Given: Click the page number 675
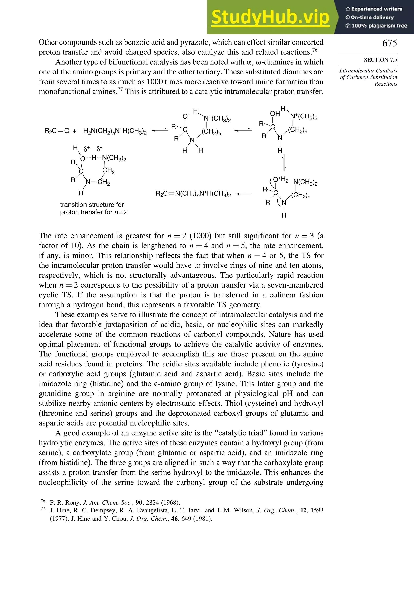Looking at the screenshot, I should pos(390,43).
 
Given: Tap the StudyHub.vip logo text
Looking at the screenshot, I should pos(270,17).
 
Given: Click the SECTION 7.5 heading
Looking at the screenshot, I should pos(380,60).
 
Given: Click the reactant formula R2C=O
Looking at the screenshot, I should pos(57,131).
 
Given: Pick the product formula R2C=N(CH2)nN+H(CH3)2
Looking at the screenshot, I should pos(193,194).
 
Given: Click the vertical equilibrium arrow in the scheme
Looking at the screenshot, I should pos(284,162).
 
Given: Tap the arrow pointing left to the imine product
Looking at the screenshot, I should pos(243,194).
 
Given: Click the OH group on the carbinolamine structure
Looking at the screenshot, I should pos(275,114).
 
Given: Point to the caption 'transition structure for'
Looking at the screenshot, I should pos(92,205).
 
